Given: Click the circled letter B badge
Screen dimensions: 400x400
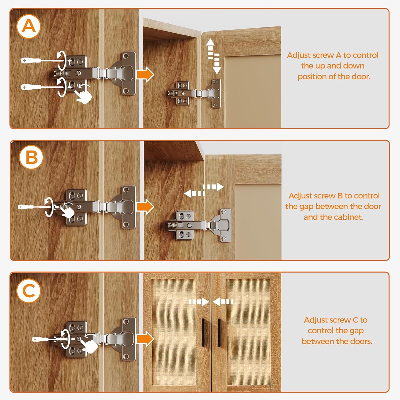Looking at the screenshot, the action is [31, 157].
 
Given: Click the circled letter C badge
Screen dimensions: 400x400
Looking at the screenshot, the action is [29, 291].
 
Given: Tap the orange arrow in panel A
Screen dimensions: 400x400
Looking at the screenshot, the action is [145, 74].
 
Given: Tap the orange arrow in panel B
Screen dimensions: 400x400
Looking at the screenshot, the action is [145, 207].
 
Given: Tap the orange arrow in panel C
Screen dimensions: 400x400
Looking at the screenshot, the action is [145, 339].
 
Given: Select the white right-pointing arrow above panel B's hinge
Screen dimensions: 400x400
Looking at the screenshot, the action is [214, 187].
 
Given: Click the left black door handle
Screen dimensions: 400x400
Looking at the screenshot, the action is [203, 332].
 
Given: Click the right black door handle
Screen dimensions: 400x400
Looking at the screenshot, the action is [219, 332].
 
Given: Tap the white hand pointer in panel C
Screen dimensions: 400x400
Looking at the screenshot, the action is [89, 343].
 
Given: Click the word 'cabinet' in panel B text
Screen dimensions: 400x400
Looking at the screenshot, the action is [348, 217].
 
